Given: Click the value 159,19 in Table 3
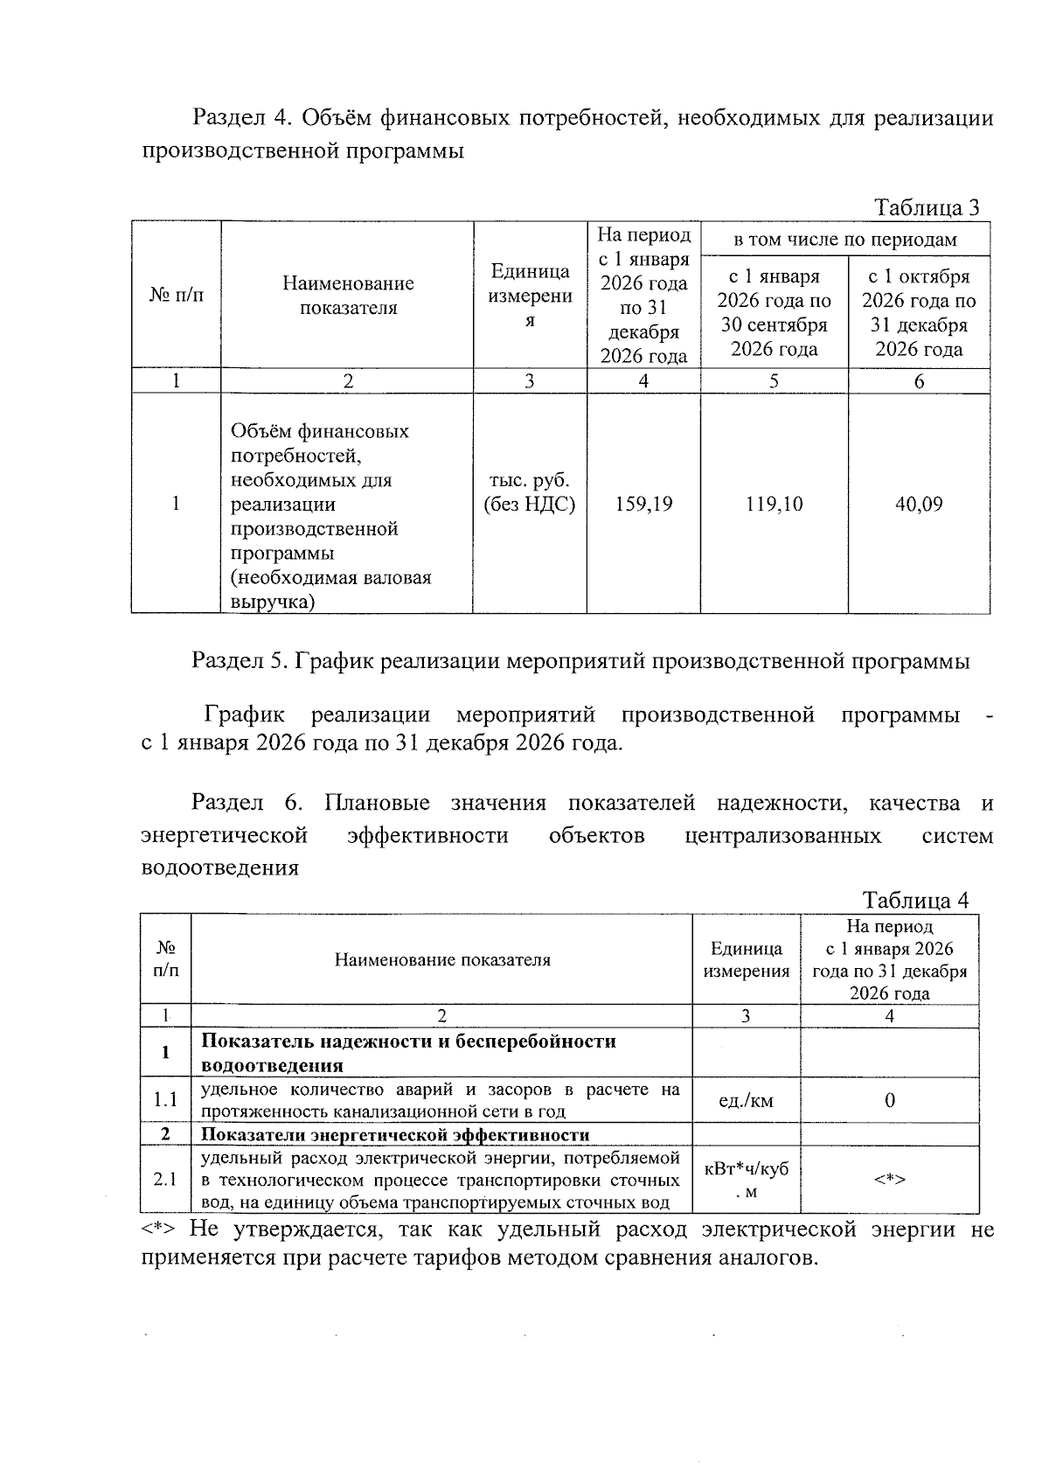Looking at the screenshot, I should coord(643,505).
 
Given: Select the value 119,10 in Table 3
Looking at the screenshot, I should coord(774,505).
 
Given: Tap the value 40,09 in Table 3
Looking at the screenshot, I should coord(919,505).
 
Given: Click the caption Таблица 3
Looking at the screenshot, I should coord(927,208).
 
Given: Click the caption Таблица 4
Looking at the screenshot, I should coord(915,901).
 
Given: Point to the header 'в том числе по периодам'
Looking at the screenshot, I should coord(844,240).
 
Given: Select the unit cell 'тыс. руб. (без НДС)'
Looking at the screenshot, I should coord(530,492).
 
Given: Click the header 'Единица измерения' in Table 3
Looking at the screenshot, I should coord(530,296).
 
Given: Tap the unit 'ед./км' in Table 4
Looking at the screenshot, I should coord(746,1101).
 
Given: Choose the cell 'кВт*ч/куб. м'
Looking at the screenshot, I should coord(746,1180).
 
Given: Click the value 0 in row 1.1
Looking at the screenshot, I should coord(889,1101).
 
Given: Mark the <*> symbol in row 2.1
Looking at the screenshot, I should coord(889,1180).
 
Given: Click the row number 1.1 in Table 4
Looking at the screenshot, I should coord(166,1101).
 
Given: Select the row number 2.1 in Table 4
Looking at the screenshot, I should coord(166,1180).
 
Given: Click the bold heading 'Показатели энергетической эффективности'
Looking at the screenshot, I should coord(395,1135).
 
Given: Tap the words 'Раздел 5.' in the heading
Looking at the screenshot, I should coord(240,661).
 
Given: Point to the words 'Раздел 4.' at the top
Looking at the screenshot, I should coord(240,117).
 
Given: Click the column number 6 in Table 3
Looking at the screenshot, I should coord(919,381).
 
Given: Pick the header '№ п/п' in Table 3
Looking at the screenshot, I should coord(177,296).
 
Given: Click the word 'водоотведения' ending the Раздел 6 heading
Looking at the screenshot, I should coord(219,868).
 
